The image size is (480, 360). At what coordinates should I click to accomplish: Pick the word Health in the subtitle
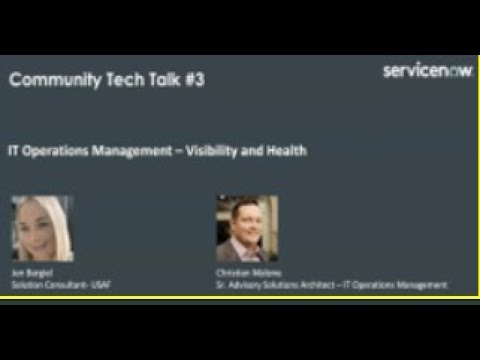[286, 152]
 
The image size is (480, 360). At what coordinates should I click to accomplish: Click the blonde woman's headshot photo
[41, 229]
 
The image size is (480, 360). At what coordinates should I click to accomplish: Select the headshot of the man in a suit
[247, 228]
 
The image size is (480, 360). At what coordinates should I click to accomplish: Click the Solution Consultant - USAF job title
[50, 284]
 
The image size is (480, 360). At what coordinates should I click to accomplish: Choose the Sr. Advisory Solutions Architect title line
[331, 284]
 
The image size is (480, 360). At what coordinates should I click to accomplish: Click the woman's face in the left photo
[43, 225]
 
